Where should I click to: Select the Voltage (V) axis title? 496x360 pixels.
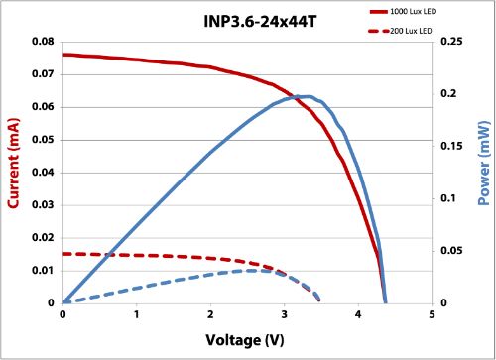(247, 340)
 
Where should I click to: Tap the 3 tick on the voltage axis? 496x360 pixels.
(285, 314)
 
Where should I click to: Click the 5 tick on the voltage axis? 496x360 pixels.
(433, 314)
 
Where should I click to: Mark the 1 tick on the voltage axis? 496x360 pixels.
(137, 314)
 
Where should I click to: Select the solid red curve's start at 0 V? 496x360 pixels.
(64, 55)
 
